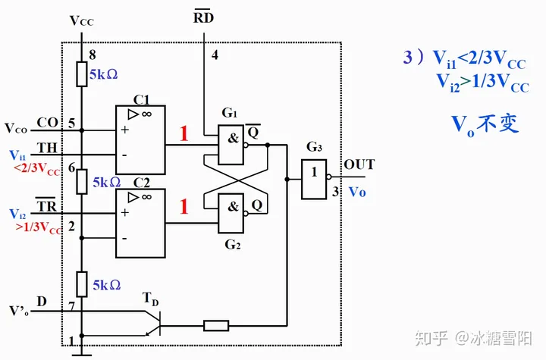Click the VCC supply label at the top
82,21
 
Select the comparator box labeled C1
140,140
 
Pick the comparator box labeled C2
140,223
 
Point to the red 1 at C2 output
183,206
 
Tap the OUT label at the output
359,164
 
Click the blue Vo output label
357,193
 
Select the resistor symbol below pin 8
82,74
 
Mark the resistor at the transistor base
216,326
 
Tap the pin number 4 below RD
214,55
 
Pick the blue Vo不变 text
485,124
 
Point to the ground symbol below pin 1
82,351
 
